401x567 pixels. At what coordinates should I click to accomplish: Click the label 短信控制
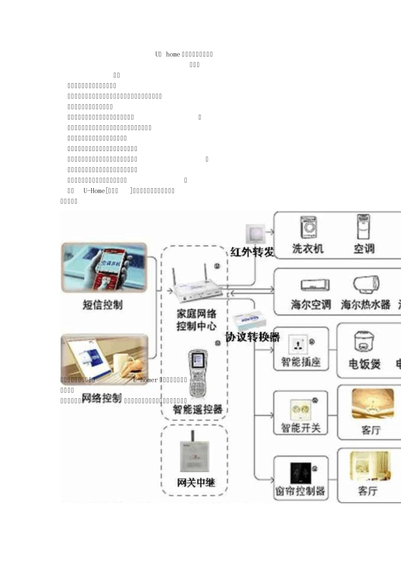(x=103, y=305)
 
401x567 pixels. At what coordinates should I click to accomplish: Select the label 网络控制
(x=101, y=398)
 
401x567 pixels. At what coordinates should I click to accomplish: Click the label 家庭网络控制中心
(x=196, y=319)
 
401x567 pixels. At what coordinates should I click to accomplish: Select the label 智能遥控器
(x=198, y=409)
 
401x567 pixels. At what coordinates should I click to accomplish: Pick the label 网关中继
(x=196, y=482)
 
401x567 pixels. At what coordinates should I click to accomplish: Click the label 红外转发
(x=252, y=252)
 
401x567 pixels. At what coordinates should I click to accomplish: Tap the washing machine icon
(x=309, y=228)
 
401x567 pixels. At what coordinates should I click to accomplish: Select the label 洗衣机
(x=308, y=248)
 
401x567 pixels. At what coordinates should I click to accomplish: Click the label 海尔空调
(x=311, y=304)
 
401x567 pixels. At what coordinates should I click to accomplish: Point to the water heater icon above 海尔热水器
(x=366, y=285)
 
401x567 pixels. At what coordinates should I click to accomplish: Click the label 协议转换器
(x=252, y=337)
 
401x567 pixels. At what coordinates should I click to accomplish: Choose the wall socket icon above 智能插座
(x=298, y=345)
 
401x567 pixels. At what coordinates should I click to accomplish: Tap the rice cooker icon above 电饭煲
(x=363, y=343)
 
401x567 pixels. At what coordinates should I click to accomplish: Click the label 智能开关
(x=301, y=428)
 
